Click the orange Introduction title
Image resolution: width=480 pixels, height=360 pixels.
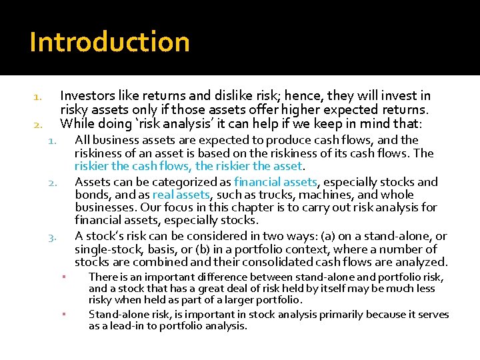pyautogui.click(x=109, y=42)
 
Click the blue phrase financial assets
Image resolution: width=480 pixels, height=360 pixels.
pyautogui.click(x=275, y=181)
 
